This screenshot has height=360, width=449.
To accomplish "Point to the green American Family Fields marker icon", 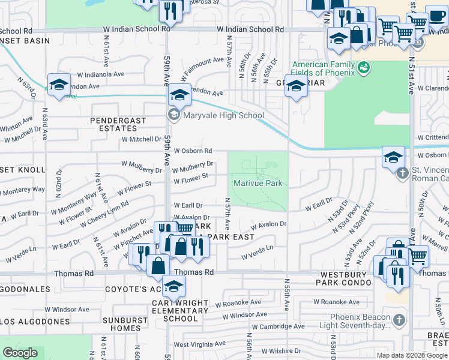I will pos(363,68).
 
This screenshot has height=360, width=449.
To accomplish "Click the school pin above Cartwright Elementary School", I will pos(173,289).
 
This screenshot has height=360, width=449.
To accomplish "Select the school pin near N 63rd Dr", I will pos(59,85).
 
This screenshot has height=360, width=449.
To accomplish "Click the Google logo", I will pos(20,353).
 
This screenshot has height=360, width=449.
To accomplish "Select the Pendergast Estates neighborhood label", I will pos(118,124).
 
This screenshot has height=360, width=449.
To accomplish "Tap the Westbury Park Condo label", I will pos(342,277).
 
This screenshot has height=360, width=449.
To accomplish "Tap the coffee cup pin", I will pos(436,17).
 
